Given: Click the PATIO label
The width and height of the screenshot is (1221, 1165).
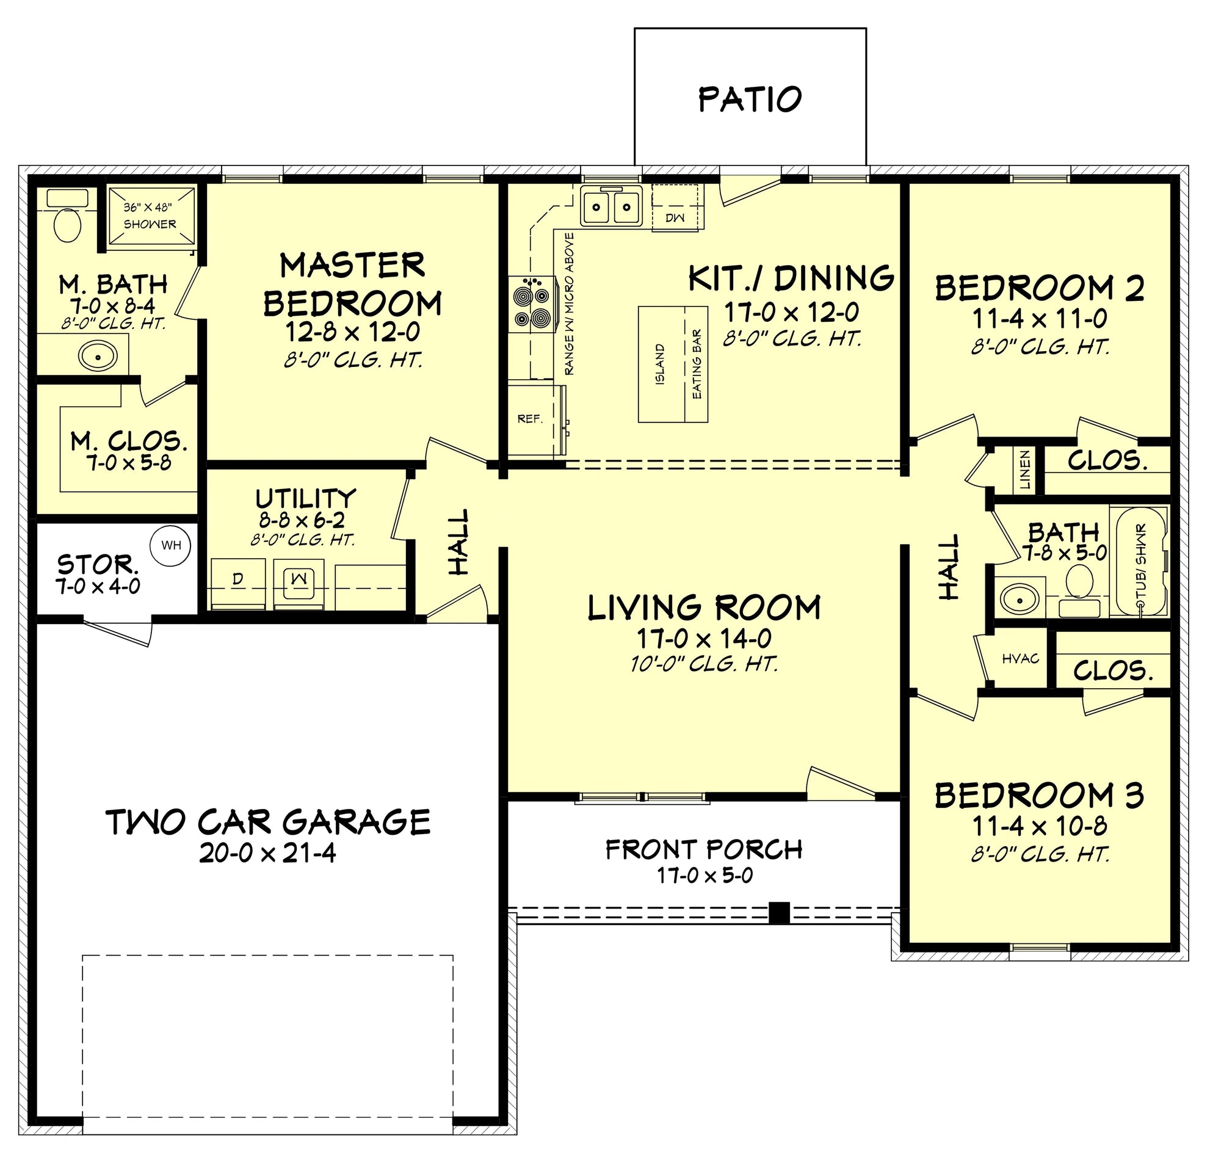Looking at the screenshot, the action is pos(750,100).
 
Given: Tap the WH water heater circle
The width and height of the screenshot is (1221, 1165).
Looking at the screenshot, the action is pos(171,545).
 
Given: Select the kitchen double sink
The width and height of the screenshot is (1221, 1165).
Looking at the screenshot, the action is pos(611,205).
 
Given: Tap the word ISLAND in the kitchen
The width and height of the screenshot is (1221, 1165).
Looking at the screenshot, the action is pos(660,364).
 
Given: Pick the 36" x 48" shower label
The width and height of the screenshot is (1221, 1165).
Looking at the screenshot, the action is pos(149,215).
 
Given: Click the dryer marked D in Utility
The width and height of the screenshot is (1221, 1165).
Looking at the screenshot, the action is pos(238,584).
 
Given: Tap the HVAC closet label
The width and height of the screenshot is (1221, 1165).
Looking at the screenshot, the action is pos(1020,658).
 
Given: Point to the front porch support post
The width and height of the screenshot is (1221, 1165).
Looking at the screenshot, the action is pos(779,912).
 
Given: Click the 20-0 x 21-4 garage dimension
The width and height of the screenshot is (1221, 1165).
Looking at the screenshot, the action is pos(267,854).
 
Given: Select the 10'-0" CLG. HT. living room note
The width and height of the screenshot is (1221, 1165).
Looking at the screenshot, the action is pos(704,664).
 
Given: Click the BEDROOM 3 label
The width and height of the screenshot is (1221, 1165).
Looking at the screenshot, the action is pos(1039,796).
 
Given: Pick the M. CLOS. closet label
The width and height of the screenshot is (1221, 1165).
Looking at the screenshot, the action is pos(129,441).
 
